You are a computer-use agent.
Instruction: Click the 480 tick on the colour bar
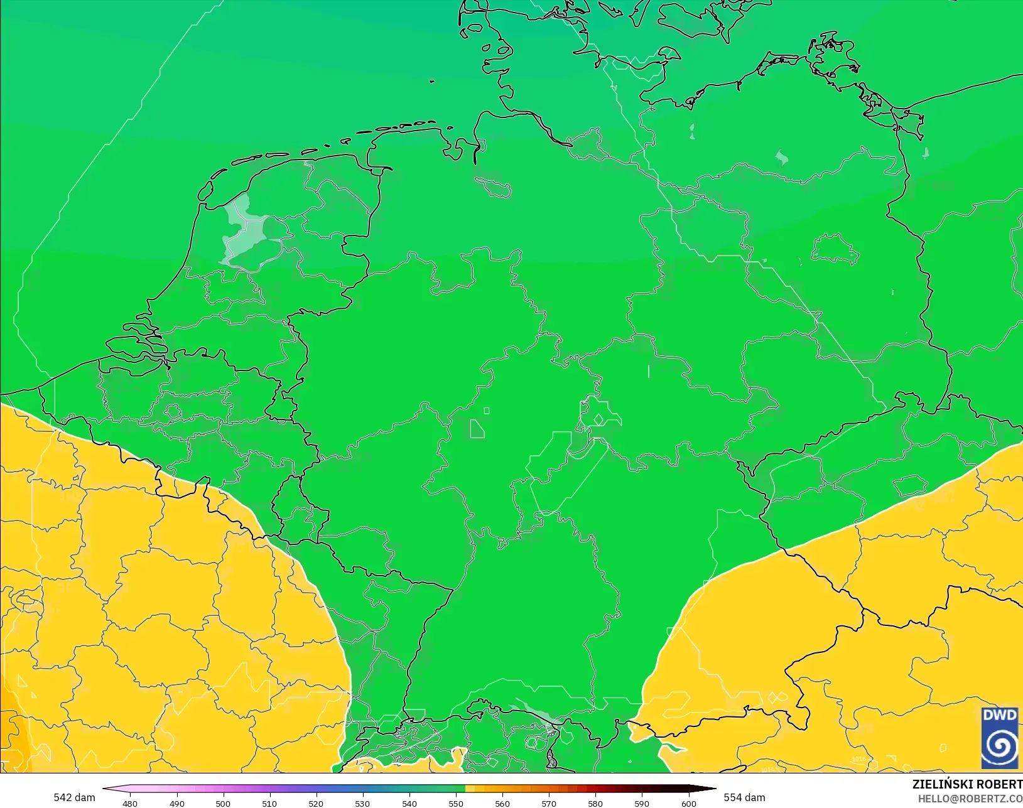[x=130, y=804]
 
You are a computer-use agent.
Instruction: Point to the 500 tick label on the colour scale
[x=223, y=804]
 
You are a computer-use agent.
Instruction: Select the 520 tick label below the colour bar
[x=316, y=804]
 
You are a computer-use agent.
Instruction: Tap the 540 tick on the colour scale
[x=409, y=804]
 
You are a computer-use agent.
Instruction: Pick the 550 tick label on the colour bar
[x=456, y=804]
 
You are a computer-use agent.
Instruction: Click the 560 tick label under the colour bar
[x=502, y=804]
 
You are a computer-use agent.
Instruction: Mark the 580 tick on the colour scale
[x=595, y=804]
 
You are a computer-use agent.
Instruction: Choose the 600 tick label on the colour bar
[x=689, y=804]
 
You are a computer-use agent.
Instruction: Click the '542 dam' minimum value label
[x=74, y=797]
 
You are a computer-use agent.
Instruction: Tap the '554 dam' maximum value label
[x=744, y=797]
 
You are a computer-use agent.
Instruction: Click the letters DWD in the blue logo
[x=999, y=716]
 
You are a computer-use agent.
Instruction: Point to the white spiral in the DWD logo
[x=999, y=746]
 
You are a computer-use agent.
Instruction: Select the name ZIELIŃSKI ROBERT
[x=967, y=785]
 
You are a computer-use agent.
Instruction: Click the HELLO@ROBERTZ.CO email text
[x=970, y=799]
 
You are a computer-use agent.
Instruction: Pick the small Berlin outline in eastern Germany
[x=834, y=249]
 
